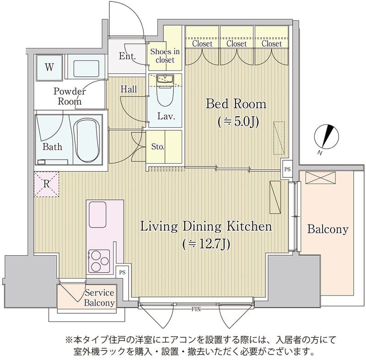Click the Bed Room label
tap(236, 104)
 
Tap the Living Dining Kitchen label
tap(206, 226)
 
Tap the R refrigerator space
tap(47, 184)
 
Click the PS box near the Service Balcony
tap(122, 272)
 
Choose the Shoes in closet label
tap(164, 56)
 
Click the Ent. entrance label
tap(127, 57)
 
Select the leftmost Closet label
tap(202, 44)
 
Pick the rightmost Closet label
tap(272, 44)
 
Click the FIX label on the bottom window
tap(196, 309)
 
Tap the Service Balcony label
tap(99, 298)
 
